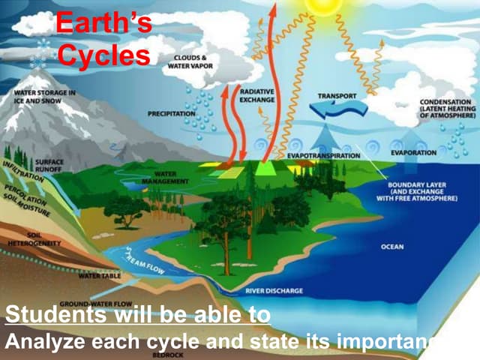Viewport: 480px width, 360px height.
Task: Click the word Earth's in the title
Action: pos(103,24)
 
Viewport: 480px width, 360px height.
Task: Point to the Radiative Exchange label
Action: pos(257,94)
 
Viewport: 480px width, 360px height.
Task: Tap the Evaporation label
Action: pos(413,152)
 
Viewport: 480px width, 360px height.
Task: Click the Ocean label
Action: pos(392,246)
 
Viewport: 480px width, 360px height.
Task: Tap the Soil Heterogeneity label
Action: pos(28,240)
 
